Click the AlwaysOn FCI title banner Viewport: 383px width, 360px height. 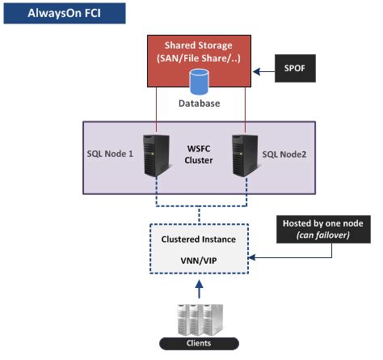click(65, 13)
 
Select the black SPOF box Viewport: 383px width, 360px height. click(295, 68)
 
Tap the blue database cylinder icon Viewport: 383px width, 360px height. click(200, 82)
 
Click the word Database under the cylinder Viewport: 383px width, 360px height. click(200, 104)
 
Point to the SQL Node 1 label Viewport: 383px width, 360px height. click(110, 154)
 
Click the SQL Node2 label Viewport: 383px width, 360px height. click(284, 155)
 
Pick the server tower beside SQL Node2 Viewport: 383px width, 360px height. click(246, 156)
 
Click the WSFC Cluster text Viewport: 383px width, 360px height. click(199, 155)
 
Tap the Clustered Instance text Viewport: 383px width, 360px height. click(199, 239)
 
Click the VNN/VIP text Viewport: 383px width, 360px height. click(199, 260)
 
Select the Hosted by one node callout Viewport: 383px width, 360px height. click(323, 229)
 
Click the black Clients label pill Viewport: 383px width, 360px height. click(199, 344)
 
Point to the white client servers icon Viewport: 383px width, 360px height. click(200, 320)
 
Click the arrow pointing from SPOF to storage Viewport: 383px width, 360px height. click(263, 72)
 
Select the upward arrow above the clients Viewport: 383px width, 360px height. click(199, 289)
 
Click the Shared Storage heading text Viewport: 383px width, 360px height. click(199, 45)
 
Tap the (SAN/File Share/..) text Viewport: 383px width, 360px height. click(199, 58)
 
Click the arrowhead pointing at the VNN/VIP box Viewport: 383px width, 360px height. click(251, 257)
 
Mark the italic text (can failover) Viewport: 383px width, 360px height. click(323, 235)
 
